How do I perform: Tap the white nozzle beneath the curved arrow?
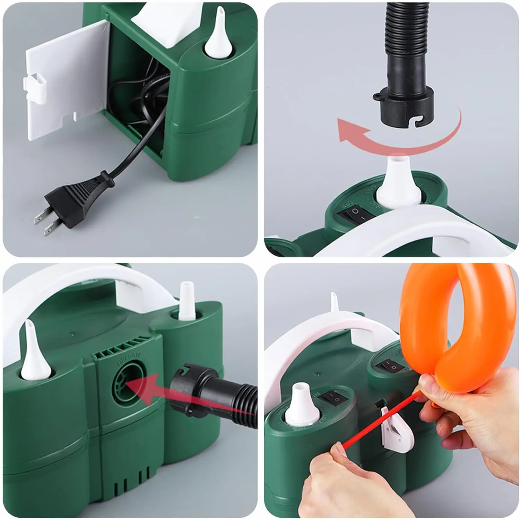click(x=399, y=184)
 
